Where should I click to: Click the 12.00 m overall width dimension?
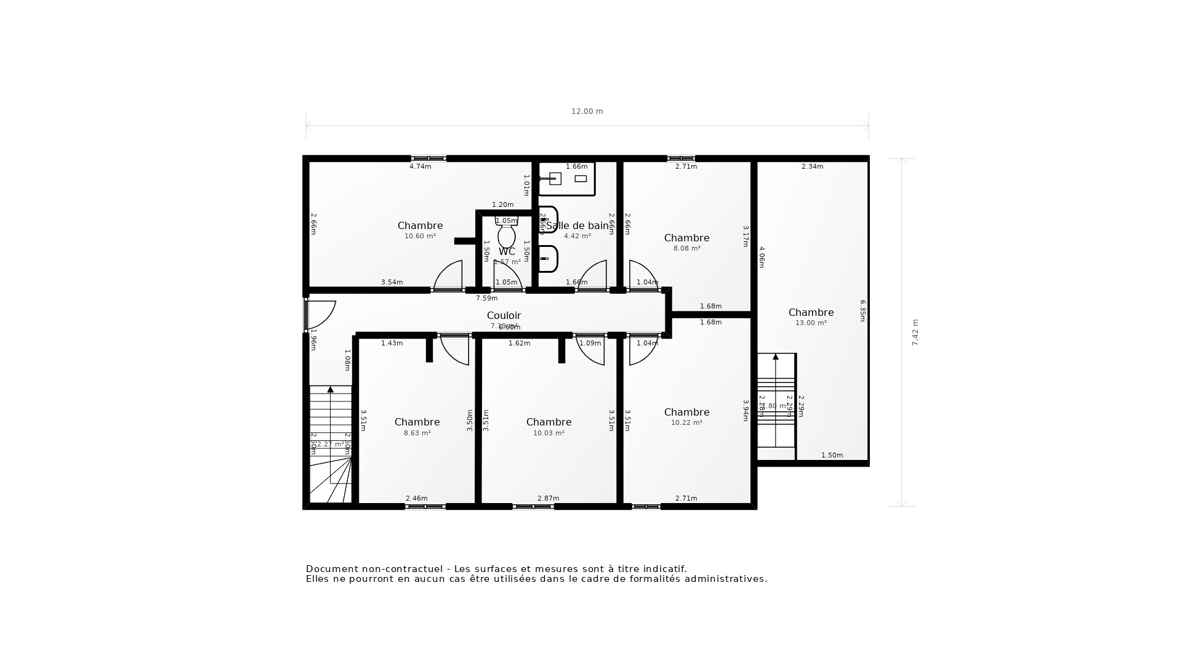[587, 111]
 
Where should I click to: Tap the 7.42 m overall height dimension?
[915, 332]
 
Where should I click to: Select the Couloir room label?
[504, 315]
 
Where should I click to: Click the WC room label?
[507, 252]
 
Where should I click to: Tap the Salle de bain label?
[577, 226]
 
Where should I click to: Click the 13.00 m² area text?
[811, 323]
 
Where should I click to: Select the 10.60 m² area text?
[420, 236]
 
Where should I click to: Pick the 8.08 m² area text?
[686, 249]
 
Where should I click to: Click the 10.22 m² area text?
[686, 423]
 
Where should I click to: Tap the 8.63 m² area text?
[417, 433]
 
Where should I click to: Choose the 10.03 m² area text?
[549, 433]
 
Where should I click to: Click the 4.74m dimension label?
[420, 166]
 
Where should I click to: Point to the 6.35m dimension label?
[862, 311]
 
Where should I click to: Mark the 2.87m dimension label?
[548, 498]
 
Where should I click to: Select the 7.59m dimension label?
[486, 299]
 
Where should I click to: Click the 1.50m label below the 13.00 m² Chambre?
[832, 456]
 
